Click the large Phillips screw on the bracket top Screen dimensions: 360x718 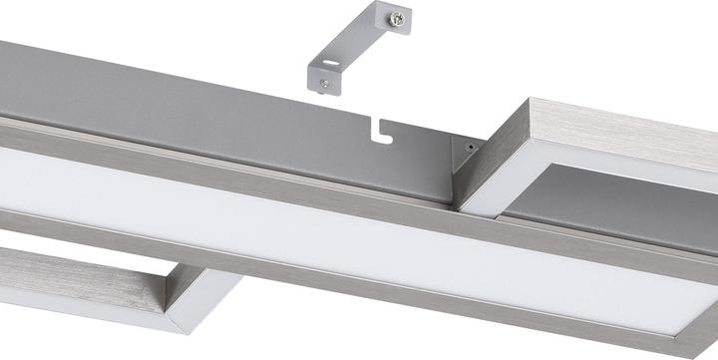[398, 16]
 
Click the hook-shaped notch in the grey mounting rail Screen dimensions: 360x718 [378, 129]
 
